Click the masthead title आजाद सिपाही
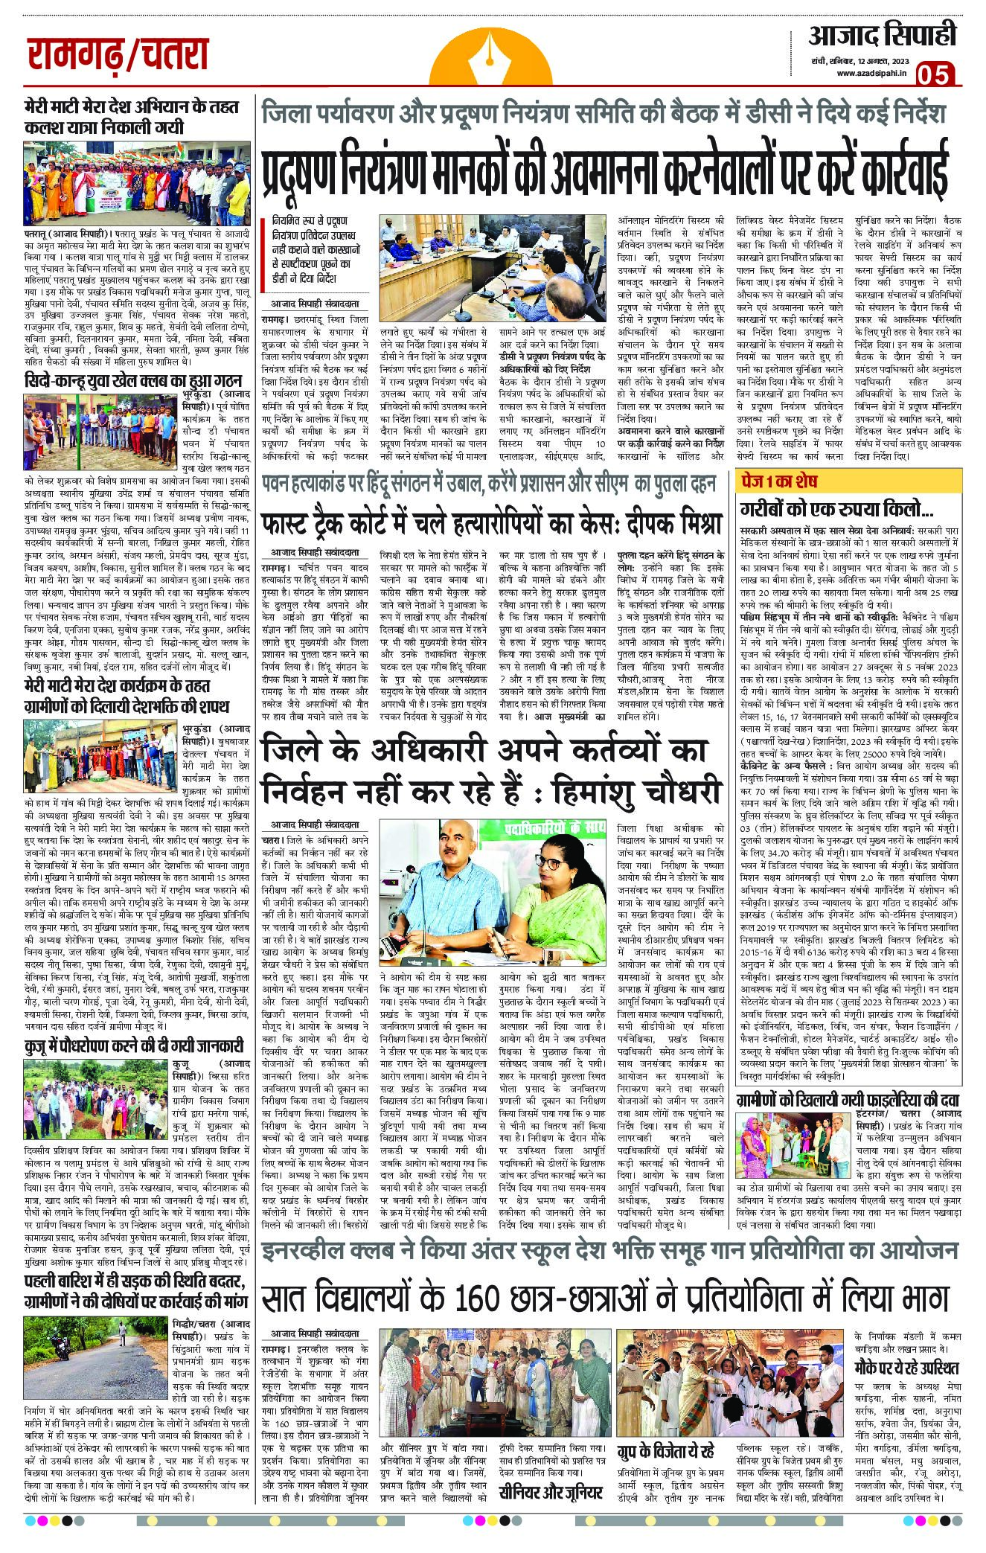click(x=881, y=35)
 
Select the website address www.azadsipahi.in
click(x=870, y=73)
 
